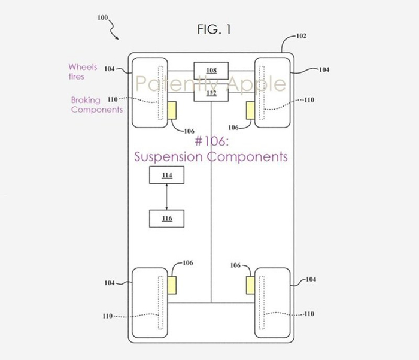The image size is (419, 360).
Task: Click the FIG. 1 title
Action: coord(214,29)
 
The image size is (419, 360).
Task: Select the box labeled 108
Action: coord(211,71)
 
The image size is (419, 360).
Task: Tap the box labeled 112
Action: coord(211,92)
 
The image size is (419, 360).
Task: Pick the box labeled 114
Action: coord(167,175)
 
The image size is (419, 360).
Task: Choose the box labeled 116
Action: coord(167,219)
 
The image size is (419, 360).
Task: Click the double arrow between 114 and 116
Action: coord(167,197)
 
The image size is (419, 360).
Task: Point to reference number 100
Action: coord(102,17)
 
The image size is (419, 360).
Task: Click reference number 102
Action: coord(301,36)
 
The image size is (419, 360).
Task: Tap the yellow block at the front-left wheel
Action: coord(172,110)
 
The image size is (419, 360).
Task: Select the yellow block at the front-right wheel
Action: coord(250,110)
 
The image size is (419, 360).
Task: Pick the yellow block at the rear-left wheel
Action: coord(172,285)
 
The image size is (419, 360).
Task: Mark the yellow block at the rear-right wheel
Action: coord(250,285)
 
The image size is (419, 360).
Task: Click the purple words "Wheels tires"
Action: coord(83,72)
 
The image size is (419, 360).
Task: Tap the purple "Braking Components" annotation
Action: coord(97,105)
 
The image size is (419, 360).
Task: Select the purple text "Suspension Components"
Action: coord(211,156)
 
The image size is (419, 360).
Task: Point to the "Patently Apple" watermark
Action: coord(211,84)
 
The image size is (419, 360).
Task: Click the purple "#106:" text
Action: coord(212,141)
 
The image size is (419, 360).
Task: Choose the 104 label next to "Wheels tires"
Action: coord(110,69)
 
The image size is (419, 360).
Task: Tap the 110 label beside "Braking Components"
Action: coord(113,99)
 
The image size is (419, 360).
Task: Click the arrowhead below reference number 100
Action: coord(117,38)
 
